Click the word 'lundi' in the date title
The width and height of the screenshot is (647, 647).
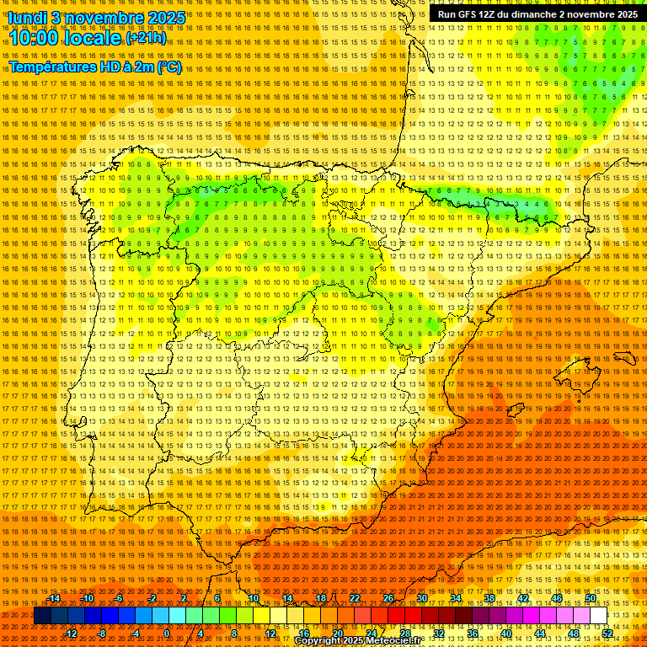pos(27,18)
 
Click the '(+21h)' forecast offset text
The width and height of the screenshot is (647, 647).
pos(145,38)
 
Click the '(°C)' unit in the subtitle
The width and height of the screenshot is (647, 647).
pos(168,67)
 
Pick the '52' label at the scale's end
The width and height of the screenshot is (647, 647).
pos(607,634)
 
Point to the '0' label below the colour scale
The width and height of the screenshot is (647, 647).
pos(167,634)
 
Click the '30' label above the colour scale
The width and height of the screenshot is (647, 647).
pos(421,598)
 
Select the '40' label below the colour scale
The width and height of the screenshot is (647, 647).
pos(505,634)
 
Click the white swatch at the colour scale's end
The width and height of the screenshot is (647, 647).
pos(598,616)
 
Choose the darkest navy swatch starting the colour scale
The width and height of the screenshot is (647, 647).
pos(42,616)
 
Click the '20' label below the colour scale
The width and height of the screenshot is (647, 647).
pos(337,634)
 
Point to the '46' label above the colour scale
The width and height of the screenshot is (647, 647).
pos(556,598)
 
